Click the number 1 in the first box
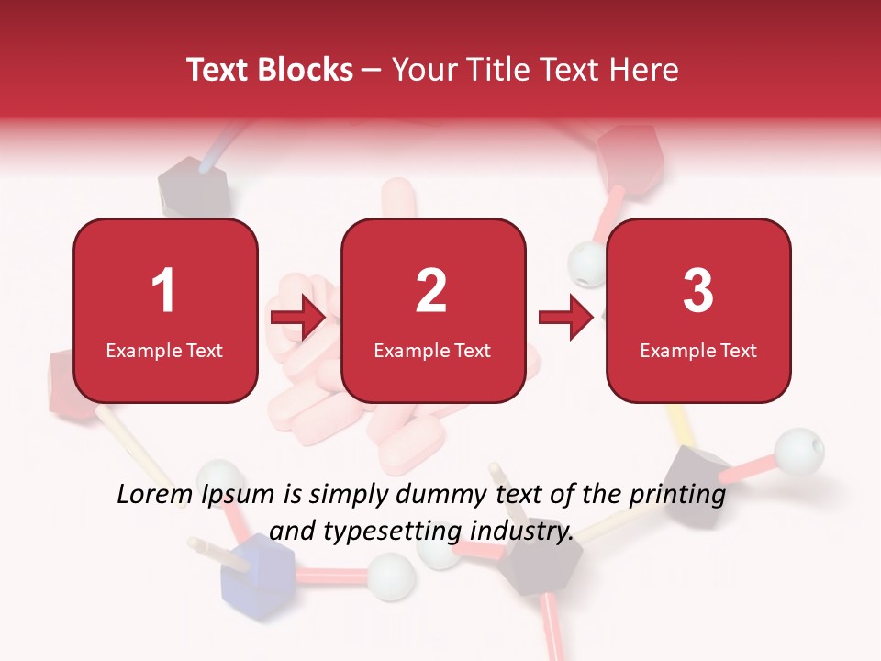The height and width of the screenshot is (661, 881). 163,291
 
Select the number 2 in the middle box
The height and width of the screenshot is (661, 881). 431,291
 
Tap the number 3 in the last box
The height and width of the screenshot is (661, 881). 698,291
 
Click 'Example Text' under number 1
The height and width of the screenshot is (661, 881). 164,351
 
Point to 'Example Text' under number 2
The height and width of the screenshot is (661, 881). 432,351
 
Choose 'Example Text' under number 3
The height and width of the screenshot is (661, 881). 698,351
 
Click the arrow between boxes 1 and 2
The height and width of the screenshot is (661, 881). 298,318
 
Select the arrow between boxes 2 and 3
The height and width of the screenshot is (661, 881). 566,318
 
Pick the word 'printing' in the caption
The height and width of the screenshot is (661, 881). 680,496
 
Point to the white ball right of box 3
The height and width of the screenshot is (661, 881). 799,451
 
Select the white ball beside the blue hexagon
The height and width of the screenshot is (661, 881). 394,576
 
